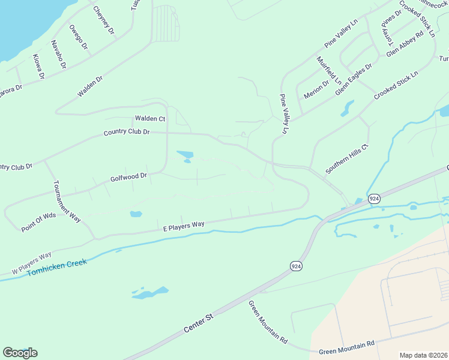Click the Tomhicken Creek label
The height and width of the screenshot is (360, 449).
point(57,268)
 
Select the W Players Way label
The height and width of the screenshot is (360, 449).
point(31,264)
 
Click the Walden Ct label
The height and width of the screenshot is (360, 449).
point(150,119)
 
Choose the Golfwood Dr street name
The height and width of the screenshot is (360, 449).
point(128,178)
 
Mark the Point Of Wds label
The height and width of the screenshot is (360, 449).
point(38,222)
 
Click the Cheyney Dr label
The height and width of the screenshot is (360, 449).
point(104,20)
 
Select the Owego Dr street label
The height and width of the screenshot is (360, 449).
point(78,37)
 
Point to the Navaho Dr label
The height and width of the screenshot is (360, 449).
point(58,54)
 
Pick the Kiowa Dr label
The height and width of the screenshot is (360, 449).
point(38,67)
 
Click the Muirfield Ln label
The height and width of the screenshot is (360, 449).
point(329,70)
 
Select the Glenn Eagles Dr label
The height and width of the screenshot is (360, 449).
point(354,79)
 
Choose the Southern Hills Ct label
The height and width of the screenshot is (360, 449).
point(346,159)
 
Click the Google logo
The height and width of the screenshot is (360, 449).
point(20,353)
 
